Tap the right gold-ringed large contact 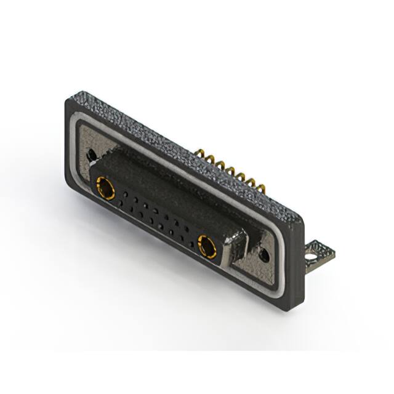pyautogui.click(x=207, y=247)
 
